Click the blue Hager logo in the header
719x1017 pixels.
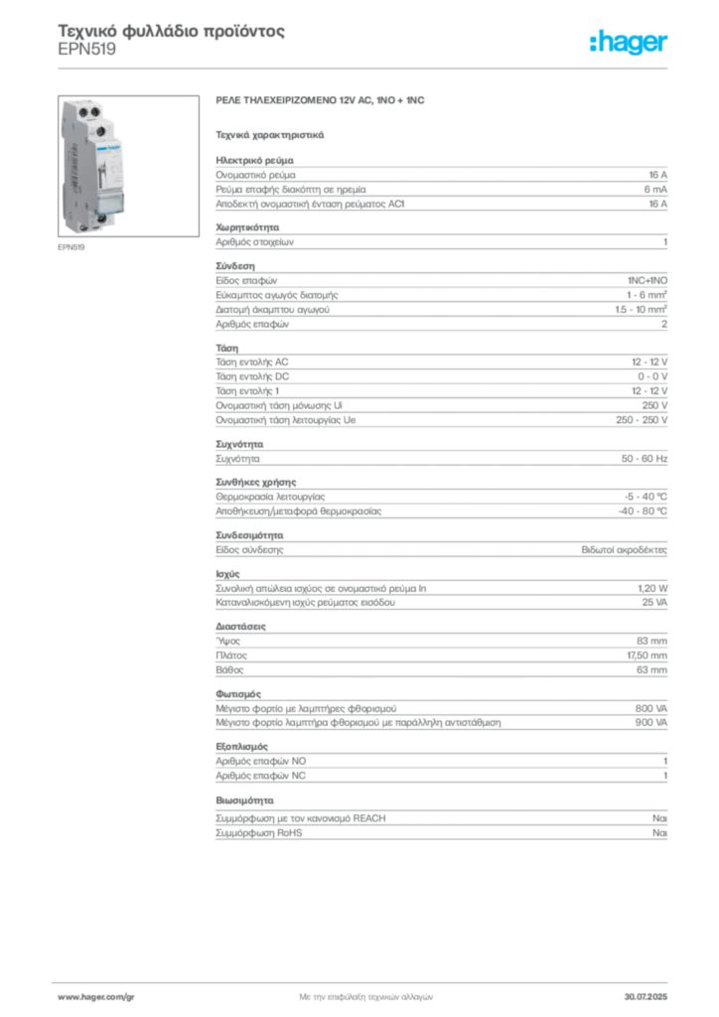pos(629,43)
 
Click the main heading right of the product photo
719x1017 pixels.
pos(322,101)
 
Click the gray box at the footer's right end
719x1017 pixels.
pos(651,991)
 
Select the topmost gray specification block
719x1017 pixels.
pos(440,184)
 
